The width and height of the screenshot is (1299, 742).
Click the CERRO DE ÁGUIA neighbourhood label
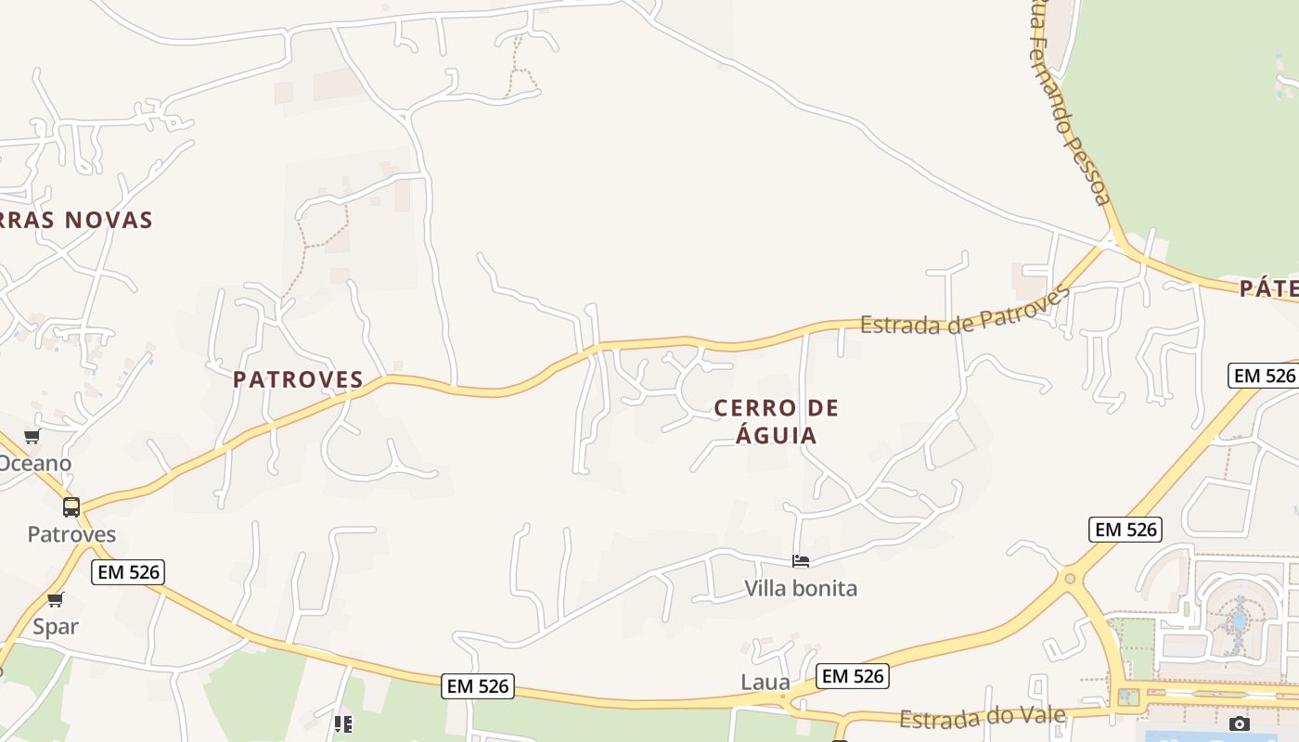click(x=776, y=421)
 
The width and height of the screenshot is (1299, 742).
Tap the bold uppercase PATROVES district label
click(x=298, y=379)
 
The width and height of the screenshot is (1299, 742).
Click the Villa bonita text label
click(x=801, y=588)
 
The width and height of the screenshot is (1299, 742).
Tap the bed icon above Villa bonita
click(x=801, y=561)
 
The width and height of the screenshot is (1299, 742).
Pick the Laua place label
click(x=765, y=683)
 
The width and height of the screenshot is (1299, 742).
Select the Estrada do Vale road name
click(x=984, y=718)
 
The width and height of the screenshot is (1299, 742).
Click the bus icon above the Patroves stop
click(x=71, y=507)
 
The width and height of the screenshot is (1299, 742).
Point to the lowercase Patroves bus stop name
click(x=71, y=534)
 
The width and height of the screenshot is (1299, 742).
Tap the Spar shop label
click(x=56, y=626)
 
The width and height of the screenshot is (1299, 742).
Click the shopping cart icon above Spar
click(x=56, y=599)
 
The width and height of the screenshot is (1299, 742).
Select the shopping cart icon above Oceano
click(x=32, y=436)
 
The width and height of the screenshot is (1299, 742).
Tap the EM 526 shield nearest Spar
click(x=129, y=572)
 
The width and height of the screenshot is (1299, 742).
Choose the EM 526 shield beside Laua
click(x=853, y=676)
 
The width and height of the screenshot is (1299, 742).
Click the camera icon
click(x=1239, y=723)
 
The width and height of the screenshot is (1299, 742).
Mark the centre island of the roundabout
click(x=1070, y=579)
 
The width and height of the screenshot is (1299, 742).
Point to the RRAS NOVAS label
click(x=76, y=220)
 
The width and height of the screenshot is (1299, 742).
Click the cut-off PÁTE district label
click(x=1269, y=288)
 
